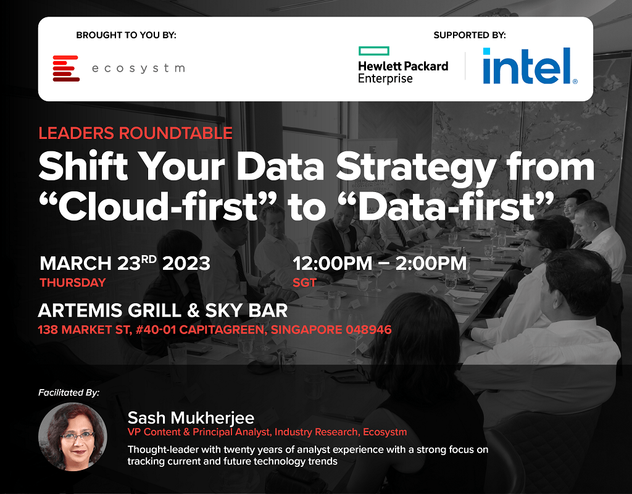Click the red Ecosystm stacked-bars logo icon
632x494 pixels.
(66, 68)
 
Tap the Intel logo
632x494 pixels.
(530, 65)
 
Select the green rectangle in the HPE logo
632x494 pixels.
(374, 51)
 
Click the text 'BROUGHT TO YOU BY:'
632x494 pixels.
(126, 35)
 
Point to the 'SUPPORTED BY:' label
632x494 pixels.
(470, 35)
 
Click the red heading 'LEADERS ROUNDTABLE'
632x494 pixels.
(135, 133)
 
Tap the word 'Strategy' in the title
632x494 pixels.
(416, 168)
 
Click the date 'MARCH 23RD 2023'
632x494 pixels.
(125, 263)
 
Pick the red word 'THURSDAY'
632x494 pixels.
(73, 282)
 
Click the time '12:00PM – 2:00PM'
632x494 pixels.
(380, 263)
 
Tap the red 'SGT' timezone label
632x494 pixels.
(305, 282)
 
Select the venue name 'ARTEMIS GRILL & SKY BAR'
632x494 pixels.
(163, 311)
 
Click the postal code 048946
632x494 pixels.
(369, 330)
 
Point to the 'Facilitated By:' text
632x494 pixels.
(69, 392)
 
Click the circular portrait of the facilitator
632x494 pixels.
(73, 437)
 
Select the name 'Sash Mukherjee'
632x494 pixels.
(191, 418)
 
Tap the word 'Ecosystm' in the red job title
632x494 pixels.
(385, 432)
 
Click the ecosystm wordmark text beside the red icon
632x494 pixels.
(138, 69)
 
